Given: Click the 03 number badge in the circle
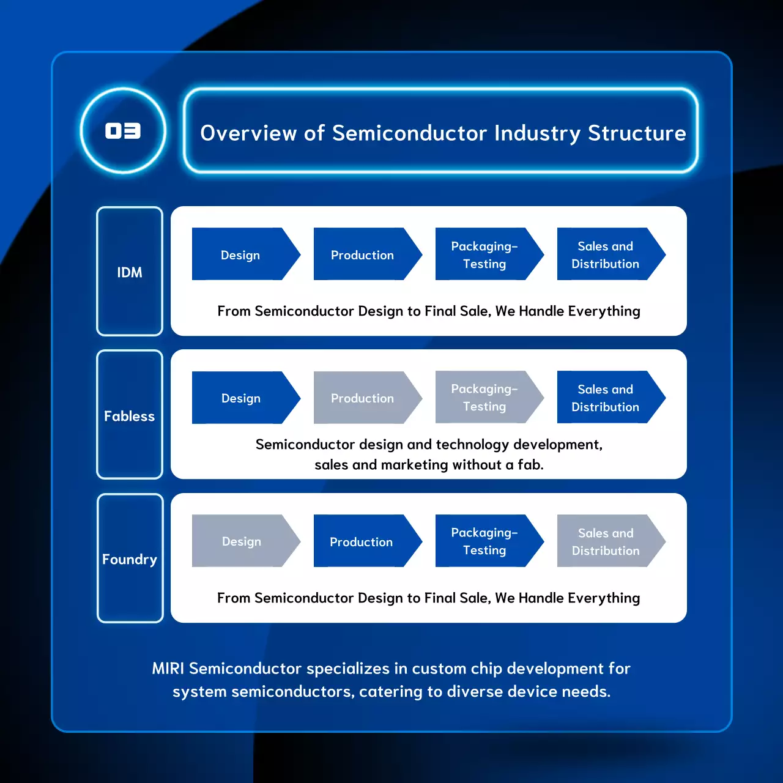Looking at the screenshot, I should click(x=123, y=131).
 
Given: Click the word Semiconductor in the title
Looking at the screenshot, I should click(x=409, y=133).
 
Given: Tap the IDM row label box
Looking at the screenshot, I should click(x=130, y=272).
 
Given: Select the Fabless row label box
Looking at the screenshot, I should click(x=130, y=415).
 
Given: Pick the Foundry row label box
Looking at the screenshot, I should click(x=130, y=558).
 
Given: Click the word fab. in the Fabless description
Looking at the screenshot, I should click(x=530, y=465).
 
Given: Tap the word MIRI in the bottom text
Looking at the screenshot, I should click(x=168, y=669).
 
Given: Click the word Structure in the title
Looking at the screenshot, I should click(x=637, y=133).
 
